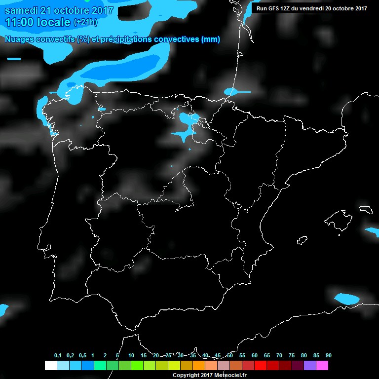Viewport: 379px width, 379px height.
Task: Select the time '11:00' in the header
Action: click(x=19, y=22)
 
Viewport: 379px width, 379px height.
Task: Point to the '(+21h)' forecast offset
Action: click(x=86, y=22)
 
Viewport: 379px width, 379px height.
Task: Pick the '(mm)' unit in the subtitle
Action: click(x=210, y=39)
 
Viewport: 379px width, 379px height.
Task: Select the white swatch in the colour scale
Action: click(x=50, y=366)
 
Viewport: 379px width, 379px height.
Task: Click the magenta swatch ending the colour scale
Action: click(x=322, y=366)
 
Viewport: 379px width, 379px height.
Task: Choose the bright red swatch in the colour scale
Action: click(x=260, y=366)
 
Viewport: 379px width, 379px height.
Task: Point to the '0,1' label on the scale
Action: click(x=57, y=356)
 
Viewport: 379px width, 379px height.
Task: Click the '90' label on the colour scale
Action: click(x=328, y=356)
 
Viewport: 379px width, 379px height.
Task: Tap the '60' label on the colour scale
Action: click(x=254, y=356)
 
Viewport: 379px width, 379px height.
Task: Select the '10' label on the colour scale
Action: click(x=131, y=356)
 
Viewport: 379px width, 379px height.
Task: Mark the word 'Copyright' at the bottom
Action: click(x=186, y=375)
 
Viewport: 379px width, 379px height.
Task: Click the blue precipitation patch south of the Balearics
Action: click(x=347, y=299)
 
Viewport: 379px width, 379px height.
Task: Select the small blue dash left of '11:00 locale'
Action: click(x=14, y=59)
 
